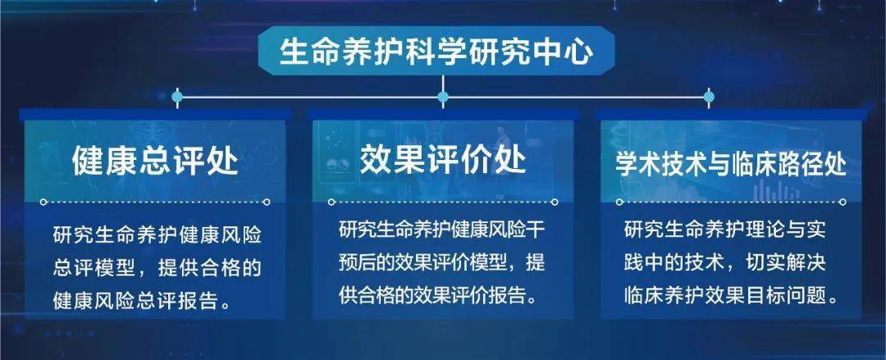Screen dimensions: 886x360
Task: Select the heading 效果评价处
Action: pos(443,159)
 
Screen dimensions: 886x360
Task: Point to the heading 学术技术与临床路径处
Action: pos(731,165)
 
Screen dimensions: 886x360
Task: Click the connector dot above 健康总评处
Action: pos(177,98)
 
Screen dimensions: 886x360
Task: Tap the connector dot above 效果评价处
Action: pos(443,98)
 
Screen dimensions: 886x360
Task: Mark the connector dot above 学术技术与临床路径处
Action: pos(709,98)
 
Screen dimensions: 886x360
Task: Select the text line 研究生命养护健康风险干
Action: pos(442,230)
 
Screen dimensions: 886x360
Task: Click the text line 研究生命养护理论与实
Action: pos(725,230)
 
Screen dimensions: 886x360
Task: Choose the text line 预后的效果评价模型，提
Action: pos(442,263)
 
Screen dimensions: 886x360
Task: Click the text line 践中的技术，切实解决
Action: pos(725,263)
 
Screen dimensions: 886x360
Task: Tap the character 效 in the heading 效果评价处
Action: pos(376,159)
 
